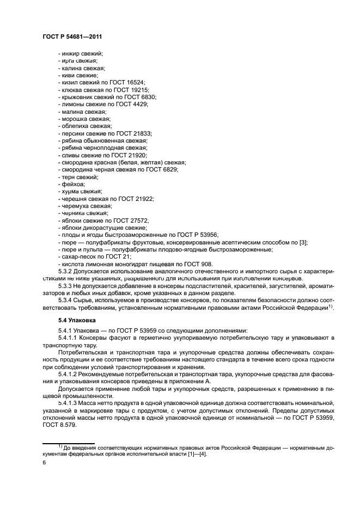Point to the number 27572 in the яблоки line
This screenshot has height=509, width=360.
(137, 220)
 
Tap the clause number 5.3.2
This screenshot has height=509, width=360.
(66, 271)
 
